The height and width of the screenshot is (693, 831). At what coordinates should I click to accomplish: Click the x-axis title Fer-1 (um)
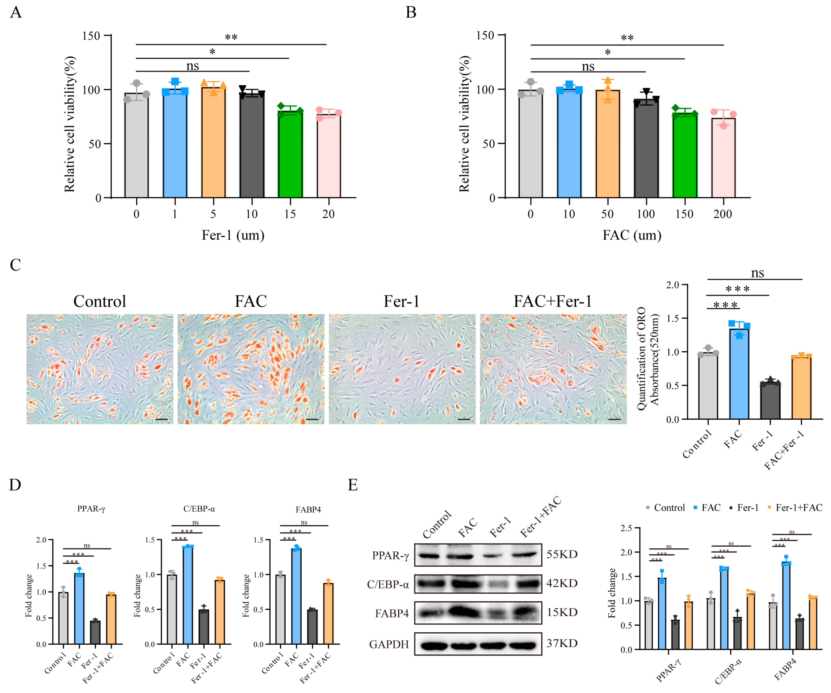click(233, 235)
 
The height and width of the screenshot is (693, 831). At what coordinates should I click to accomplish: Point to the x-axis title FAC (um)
click(632, 235)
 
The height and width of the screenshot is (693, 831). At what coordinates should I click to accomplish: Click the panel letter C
click(16, 265)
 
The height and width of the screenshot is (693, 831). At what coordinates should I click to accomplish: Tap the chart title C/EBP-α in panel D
click(199, 509)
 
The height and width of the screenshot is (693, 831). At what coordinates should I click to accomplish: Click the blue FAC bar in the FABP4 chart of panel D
click(296, 596)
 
